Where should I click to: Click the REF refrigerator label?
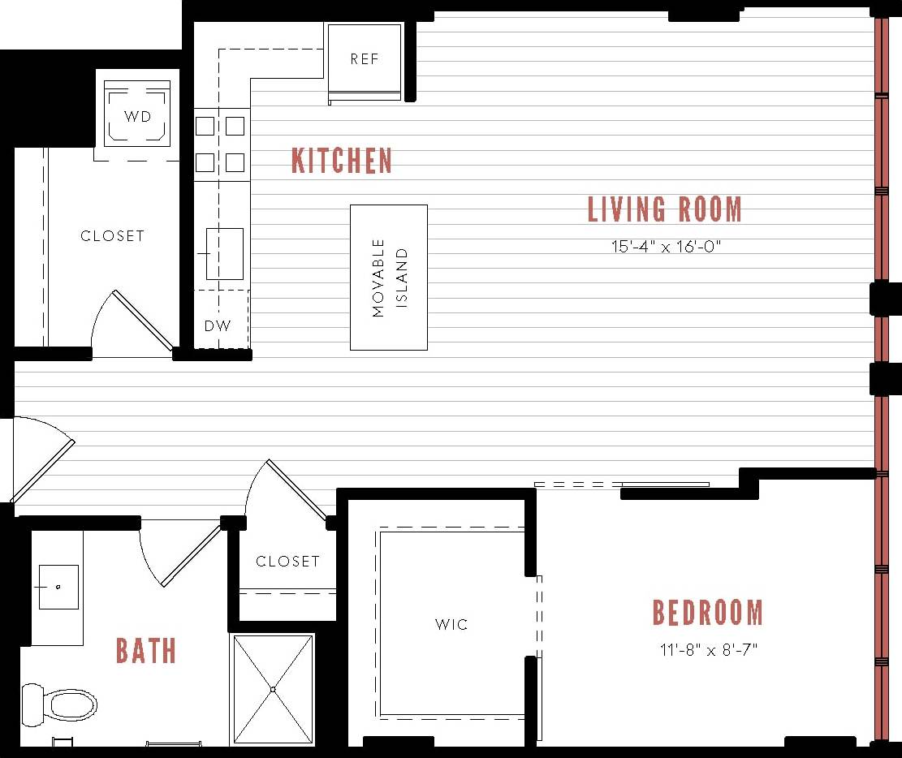pos(365,59)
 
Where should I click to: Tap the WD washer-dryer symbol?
pos(137,115)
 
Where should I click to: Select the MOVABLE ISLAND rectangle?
pos(389,278)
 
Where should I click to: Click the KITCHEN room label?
pos(342,161)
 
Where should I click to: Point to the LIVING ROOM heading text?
pos(665,209)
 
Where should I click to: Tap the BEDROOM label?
pos(708,613)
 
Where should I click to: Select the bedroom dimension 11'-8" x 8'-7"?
pos(708,650)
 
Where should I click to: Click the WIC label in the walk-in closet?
pos(451,625)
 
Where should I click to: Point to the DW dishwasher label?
pos(217,326)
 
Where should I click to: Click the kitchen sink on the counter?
pos(223,253)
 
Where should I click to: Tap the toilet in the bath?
pos(61,704)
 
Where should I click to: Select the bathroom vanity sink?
pos(58,587)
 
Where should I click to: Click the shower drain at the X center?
pos(273,689)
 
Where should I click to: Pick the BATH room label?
pos(146,651)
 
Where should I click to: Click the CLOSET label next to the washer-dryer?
pos(112,236)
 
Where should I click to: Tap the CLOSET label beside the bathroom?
pos(287,562)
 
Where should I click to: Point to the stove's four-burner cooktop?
pos(220,144)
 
